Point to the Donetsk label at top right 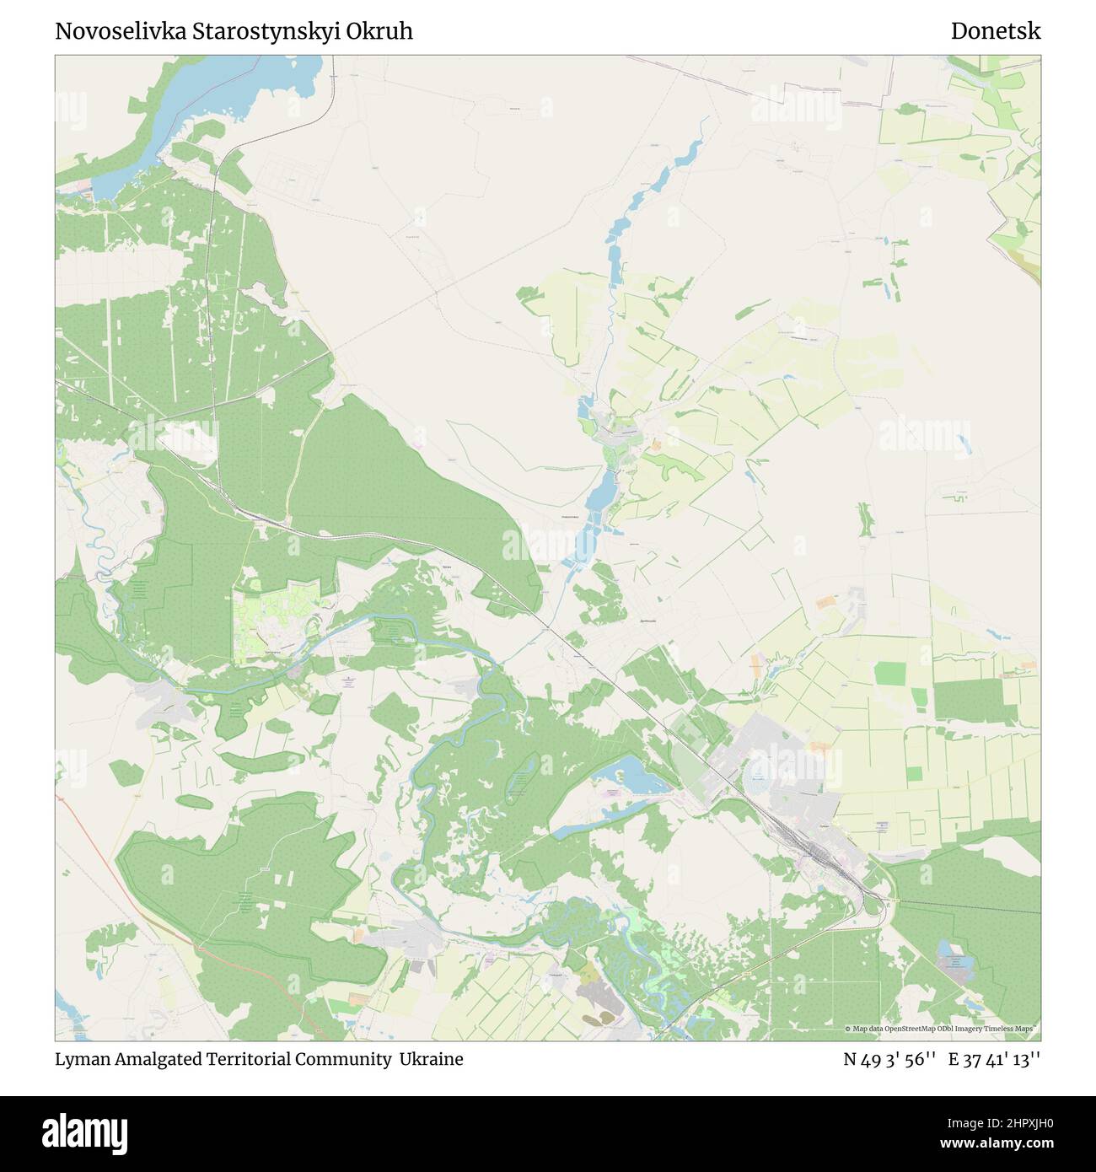(996, 31)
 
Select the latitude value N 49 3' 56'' (889, 1059)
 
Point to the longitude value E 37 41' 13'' (995, 1059)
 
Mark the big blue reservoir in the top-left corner (219, 84)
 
